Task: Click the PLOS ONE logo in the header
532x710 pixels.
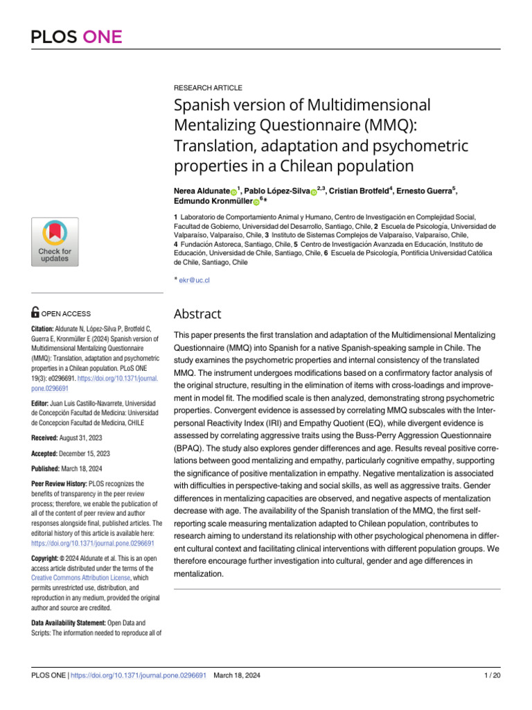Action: pos(77,36)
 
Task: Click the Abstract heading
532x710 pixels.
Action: pos(197,314)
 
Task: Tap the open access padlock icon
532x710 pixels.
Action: pos(36,313)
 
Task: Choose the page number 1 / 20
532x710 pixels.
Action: pos(490,675)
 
